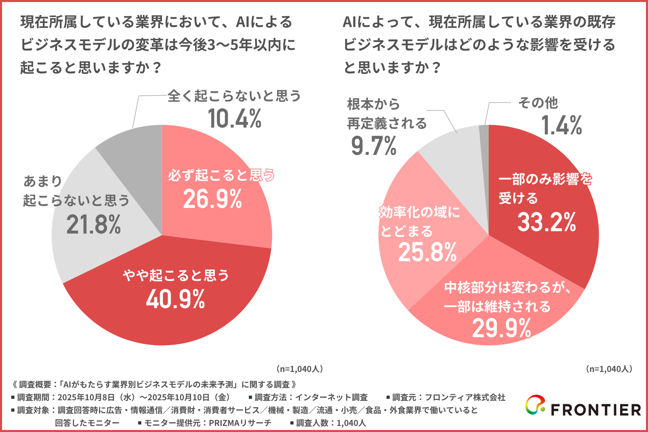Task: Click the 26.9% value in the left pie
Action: coord(212,199)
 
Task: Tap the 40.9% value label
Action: coord(175,299)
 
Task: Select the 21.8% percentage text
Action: coord(93,225)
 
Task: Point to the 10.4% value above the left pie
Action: coord(235,119)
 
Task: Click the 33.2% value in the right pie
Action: coord(546,222)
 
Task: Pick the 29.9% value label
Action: coord(502,328)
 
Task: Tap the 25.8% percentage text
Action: coord(427,252)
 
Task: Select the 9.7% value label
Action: coord(374,146)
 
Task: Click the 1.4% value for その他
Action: coord(562,125)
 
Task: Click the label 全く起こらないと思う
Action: coord(234,96)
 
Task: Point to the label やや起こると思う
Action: coord(176,275)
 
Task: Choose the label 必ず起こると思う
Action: coord(221,175)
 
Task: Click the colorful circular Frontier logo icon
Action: coord(535,405)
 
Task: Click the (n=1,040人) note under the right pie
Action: coord(609,369)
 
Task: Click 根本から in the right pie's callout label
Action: coord(373,104)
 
